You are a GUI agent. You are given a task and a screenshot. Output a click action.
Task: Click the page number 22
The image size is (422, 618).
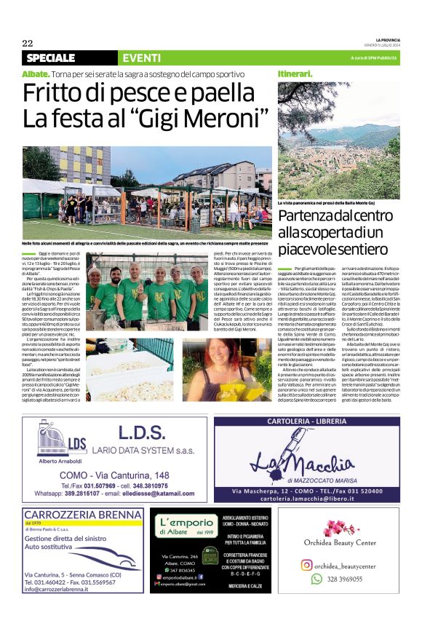point(27,44)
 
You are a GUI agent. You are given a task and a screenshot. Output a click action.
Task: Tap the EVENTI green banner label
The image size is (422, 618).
point(142,58)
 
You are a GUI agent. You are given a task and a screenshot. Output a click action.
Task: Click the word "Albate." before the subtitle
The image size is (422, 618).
point(36,74)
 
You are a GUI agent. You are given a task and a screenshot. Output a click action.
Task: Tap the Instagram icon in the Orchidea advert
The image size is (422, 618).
point(307,565)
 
